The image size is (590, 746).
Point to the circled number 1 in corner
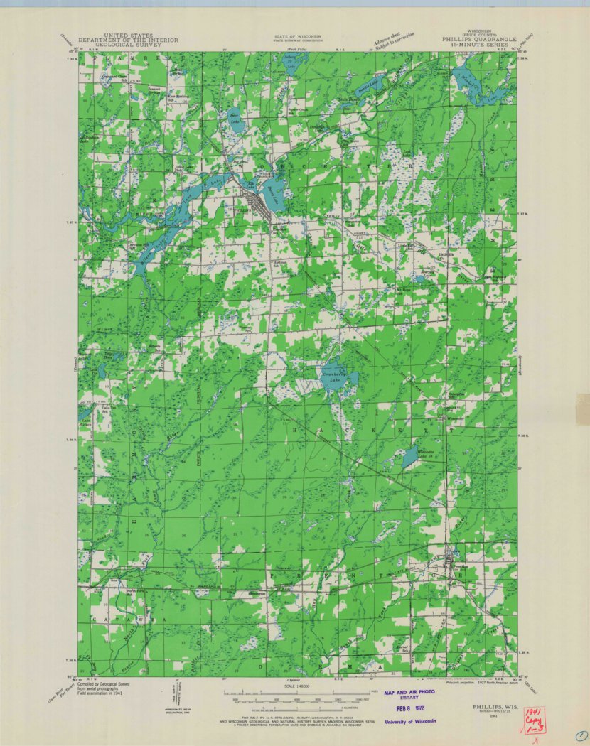(581, 736)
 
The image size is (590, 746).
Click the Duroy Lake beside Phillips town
(273, 189)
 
